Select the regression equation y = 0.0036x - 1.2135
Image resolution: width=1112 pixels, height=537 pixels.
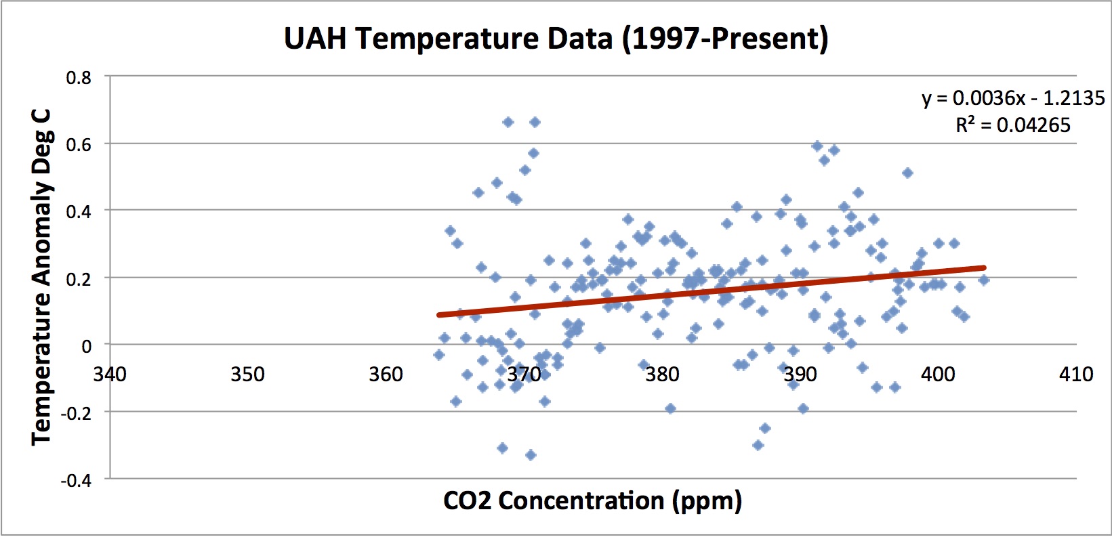(x=1013, y=99)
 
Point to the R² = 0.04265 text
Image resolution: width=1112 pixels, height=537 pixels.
(x=1013, y=125)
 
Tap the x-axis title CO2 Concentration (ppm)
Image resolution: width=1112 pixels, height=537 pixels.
(x=592, y=501)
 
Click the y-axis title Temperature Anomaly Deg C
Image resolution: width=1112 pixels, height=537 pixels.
(x=42, y=278)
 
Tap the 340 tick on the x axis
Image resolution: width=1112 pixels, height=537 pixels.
(x=110, y=374)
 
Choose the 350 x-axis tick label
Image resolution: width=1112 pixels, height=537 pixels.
(x=247, y=374)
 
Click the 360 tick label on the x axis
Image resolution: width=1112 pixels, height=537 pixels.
(x=386, y=374)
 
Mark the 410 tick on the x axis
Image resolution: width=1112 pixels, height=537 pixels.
(x=1076, y=374)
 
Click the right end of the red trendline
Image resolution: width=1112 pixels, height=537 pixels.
(x=983, y=268)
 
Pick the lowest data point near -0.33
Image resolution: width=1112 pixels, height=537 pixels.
(x=531, y=455)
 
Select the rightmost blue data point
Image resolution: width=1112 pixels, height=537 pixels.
(x=984, y=280)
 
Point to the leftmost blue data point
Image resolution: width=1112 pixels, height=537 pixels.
(x=439, y=355)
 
